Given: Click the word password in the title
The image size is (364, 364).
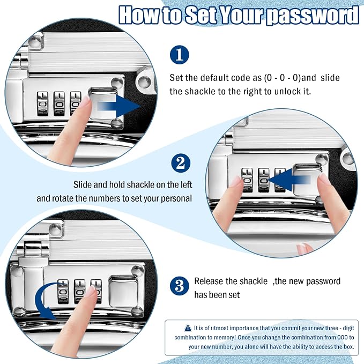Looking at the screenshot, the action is point(312,15).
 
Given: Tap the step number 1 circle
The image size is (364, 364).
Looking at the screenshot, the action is point(179,55).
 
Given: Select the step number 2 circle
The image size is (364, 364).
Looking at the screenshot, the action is point(181,163).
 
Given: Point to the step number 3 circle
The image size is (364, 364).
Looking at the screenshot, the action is point(179,286).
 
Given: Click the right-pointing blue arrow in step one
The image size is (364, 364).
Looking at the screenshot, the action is point(119,106).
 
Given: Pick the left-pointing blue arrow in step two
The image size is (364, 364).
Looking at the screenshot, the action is point(289,180).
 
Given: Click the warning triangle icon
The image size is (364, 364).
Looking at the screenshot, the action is point(188,328).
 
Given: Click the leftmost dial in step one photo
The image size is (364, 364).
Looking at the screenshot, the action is point(42,104).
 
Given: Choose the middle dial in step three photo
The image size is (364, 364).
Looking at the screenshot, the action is point(80,291).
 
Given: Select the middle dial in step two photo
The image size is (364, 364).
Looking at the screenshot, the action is point(263,180).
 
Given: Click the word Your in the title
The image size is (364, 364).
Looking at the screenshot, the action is point(241,15).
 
